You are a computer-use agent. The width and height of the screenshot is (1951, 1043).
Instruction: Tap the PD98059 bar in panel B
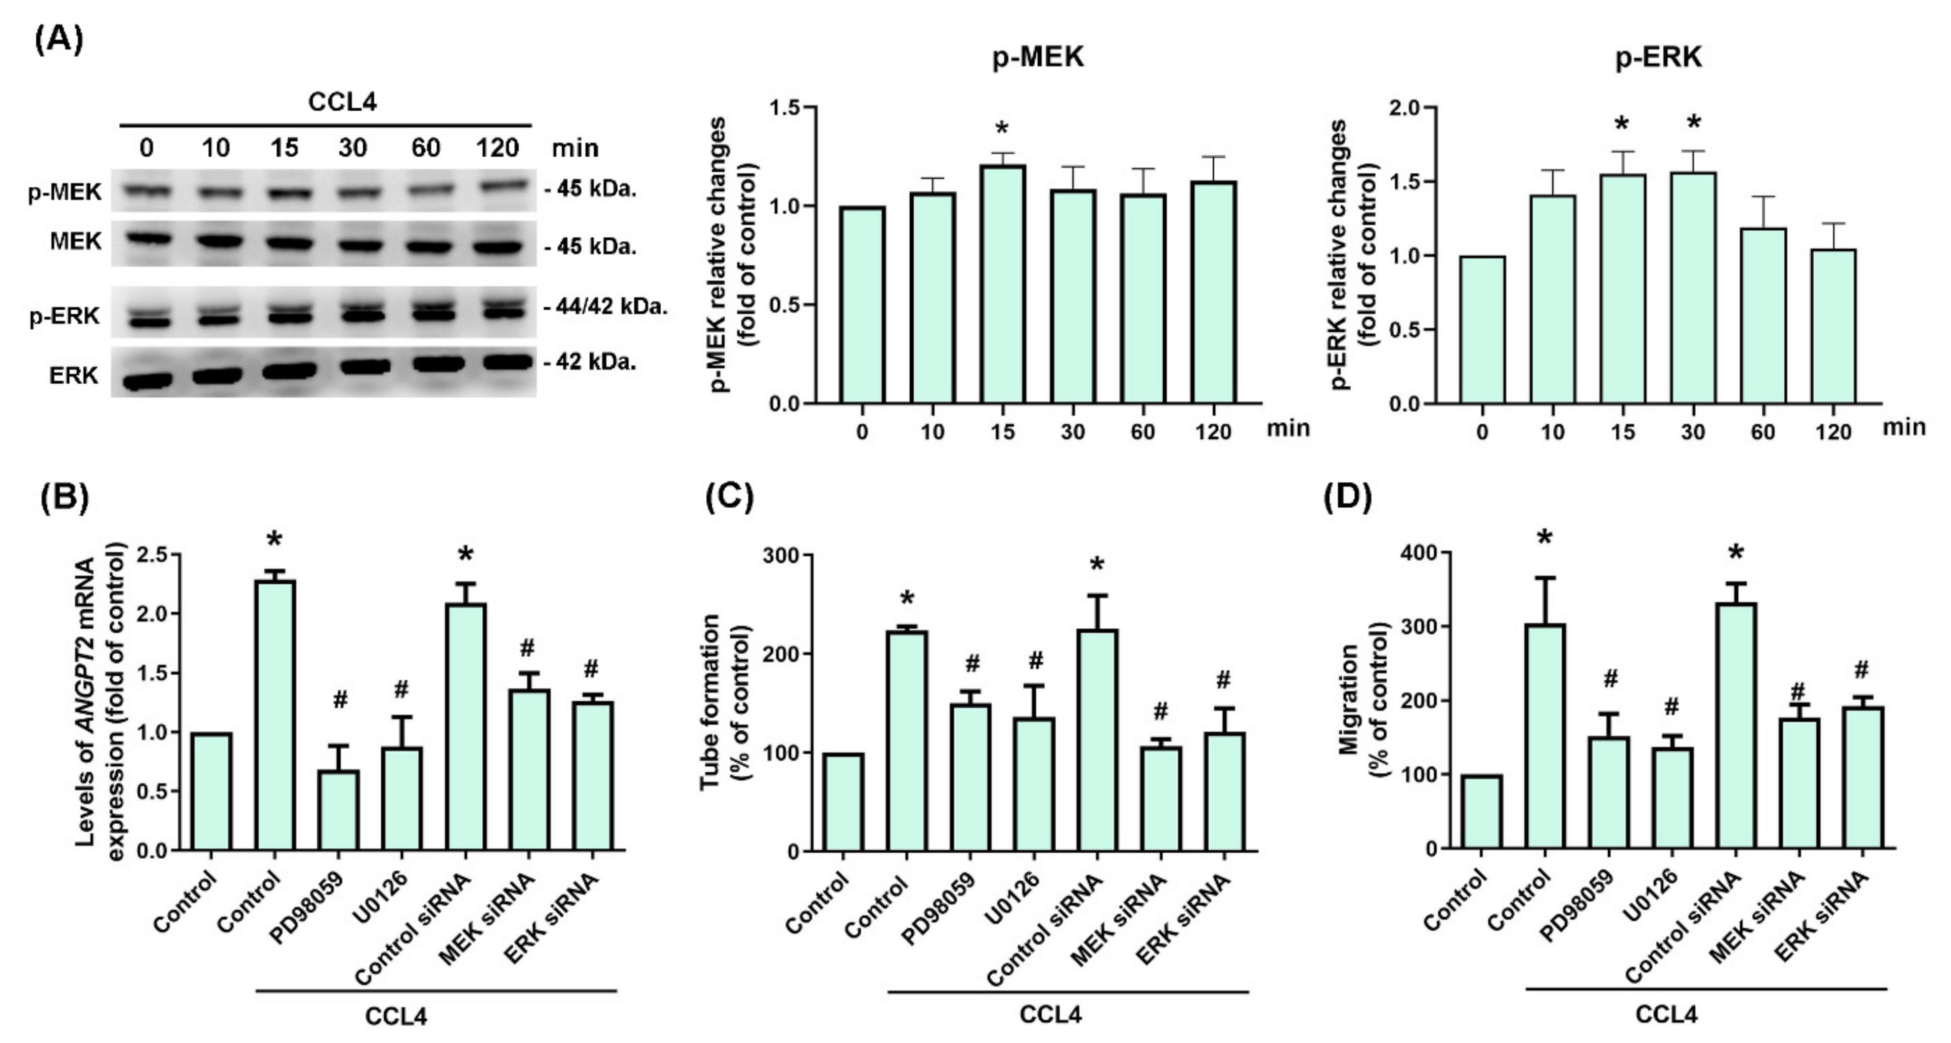click(x=339, y=810)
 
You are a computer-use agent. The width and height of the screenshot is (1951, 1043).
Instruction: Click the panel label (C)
click(x=729, y=498)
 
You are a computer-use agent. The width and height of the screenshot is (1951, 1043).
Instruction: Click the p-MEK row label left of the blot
click(x=65, y=192)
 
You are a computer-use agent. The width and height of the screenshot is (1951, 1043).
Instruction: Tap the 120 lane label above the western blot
click(x=497, y=147)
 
